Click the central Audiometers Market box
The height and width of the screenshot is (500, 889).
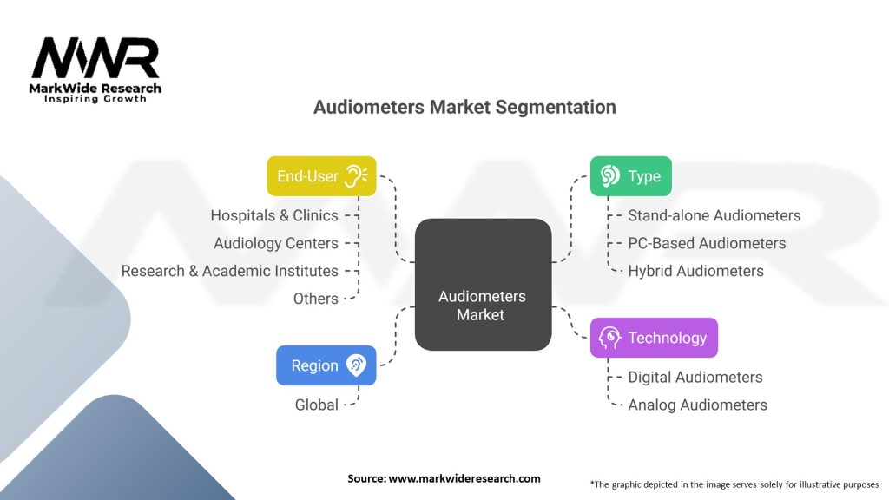pyautogui.click(x=483, y=285)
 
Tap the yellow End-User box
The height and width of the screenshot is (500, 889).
pyautogui.click(x=320, y=175)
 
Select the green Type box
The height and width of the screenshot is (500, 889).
pyautogui.click(x=631, y=175)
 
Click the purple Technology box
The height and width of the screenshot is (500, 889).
pyautogui.click(x=654, y=338)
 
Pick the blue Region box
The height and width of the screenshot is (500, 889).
pyautogui.click(x=326, y=365)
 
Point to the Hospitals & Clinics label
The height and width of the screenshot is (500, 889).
pyautogui.click(x=273, y=215)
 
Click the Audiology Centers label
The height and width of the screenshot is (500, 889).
pyautogui.click(x=275, y=243)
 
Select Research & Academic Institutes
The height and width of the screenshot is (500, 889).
pyautogui.click(x=229, y=271)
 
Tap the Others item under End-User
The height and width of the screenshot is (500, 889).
pyautogui.click(x=315, y=299)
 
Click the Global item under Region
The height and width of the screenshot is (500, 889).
pyautogui.click(x=315, y=405)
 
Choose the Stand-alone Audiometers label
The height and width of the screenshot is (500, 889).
pyautogui.click(x=714, y=215)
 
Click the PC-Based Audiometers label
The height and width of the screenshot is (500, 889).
pyautogui.click(x=707, y=243)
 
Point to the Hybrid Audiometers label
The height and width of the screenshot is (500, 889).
pyautogui.click(x=695, y=271)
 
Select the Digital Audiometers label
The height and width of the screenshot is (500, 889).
pyautogui.click(x=695, y=377)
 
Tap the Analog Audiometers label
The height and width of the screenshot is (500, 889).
pyautogui.click(x=697, y=405)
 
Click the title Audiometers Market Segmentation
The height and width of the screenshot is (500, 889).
pyautogui.click(x=464, y=107)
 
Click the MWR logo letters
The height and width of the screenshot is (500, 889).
pyautogui.click(x=95, y=59)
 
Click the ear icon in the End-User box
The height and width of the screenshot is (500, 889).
pyautogui.click(x=356, y=175)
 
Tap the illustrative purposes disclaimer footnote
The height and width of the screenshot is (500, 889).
pyautogui.click(x=734, y=484)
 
